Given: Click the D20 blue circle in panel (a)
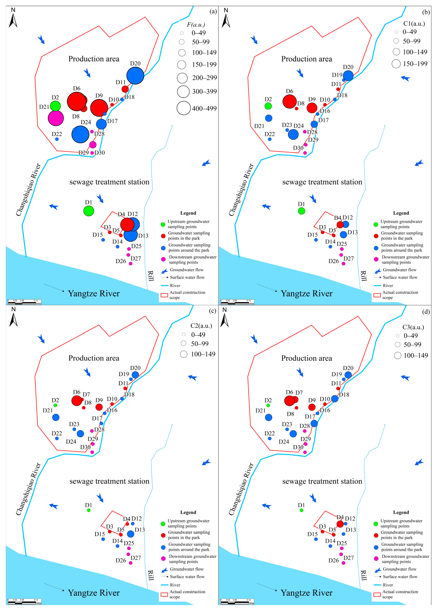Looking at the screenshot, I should point(135,76).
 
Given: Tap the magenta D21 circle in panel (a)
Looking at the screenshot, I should point(56,118).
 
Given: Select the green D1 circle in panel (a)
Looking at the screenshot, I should point(89,211).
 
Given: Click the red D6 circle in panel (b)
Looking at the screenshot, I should point(290,102).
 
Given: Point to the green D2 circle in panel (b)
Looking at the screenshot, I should point(268,106).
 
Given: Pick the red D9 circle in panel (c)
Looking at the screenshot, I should point(99,407).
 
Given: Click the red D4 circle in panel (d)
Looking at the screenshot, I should point(340,524).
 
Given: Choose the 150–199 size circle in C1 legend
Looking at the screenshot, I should point(396,64).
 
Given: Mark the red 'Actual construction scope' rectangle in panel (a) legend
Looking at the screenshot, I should point(164,295).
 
